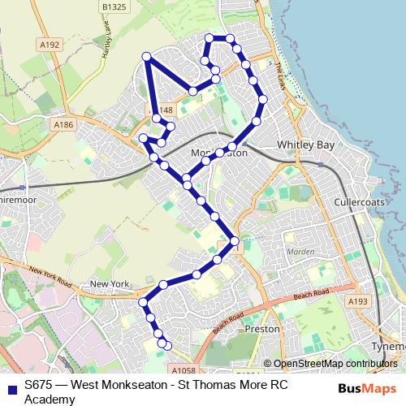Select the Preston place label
(x=262, y=329)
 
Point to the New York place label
(x=110, y=283)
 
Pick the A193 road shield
(x=358, y=301)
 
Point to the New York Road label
(x=49, y=275)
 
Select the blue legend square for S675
(x=11, y=387)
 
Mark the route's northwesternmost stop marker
(x=147, y=56)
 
